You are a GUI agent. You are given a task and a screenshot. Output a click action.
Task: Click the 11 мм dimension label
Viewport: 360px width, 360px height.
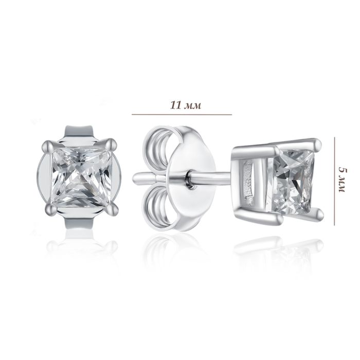tap(186, 105)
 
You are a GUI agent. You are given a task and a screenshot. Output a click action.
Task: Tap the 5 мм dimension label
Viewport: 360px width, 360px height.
tap(343, 181)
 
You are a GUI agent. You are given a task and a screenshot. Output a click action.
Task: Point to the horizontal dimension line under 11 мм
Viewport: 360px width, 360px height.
tap(182, 114)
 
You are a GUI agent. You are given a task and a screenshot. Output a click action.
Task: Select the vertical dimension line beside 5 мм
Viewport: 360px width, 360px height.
tap(334, 182)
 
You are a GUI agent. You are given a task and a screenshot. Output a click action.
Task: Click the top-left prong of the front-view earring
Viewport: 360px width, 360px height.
tap(48, 146)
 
